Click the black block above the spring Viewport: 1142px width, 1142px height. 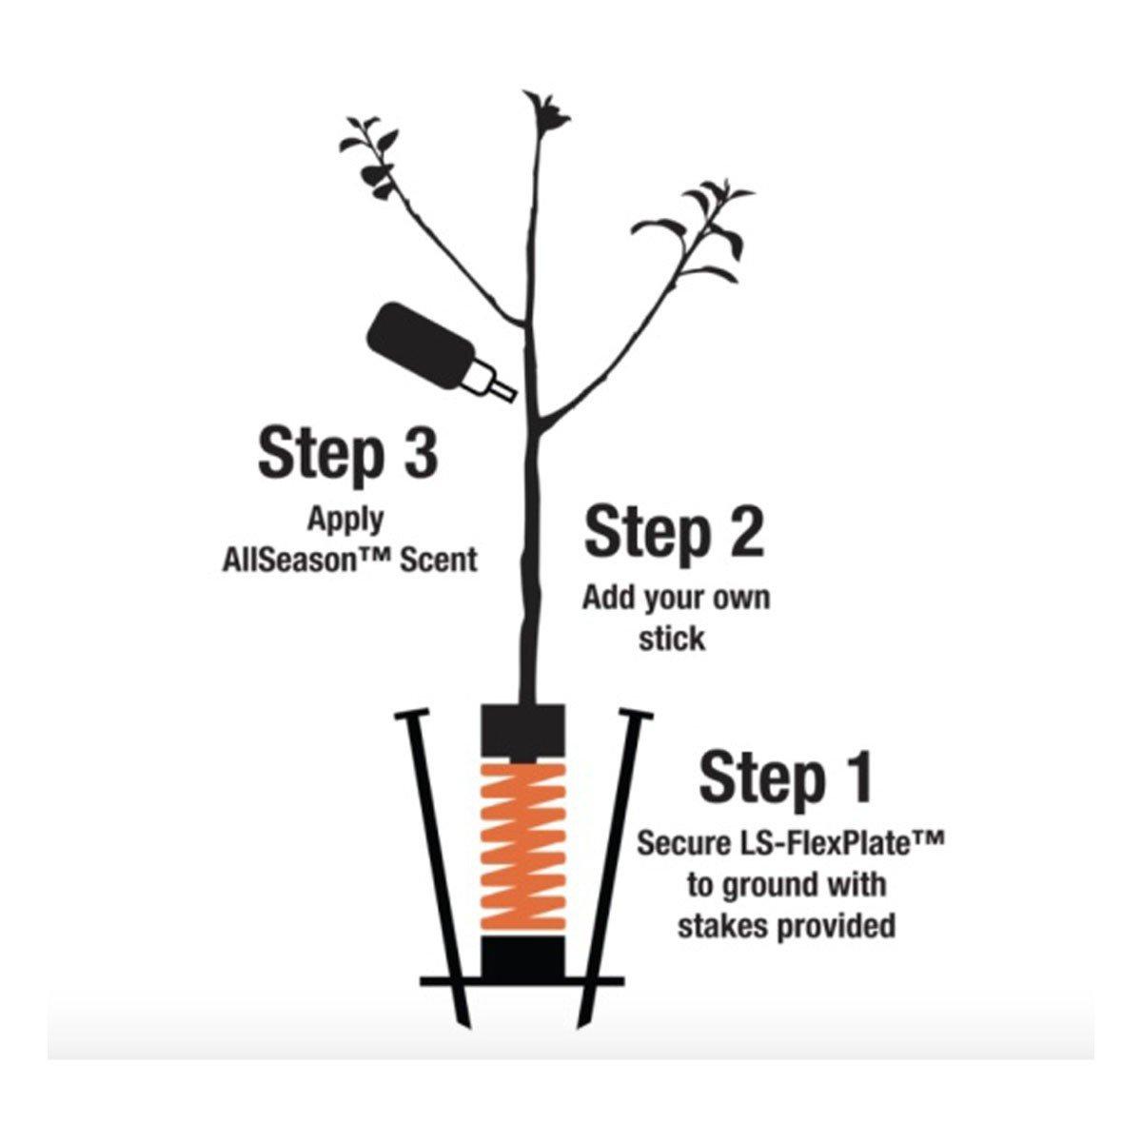point(522,734)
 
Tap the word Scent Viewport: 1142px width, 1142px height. point(438,560)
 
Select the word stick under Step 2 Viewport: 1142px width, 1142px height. point(672,639)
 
